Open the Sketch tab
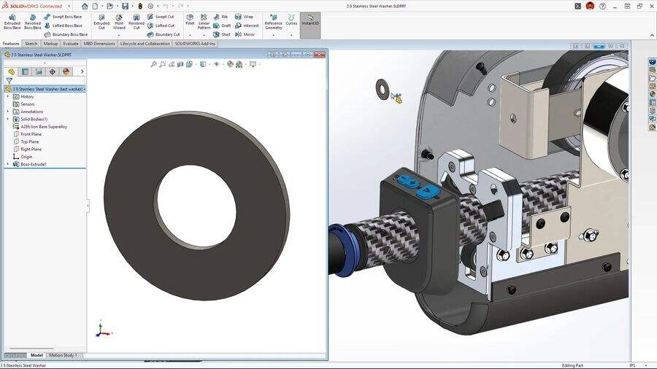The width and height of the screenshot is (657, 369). (x=31, y=44)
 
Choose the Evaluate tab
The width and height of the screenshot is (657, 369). (x=71, y=44)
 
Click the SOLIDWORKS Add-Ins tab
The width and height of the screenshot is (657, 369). (x=195, y=44)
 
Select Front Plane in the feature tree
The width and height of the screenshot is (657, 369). (x=31, y=134)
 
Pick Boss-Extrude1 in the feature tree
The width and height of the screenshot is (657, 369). (x=34, y=164)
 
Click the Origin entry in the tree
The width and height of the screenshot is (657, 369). (x=26, y=157)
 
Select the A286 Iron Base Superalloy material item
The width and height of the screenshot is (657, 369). (x=44, y=126)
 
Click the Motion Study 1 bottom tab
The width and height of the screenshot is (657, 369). (x=63, y=355)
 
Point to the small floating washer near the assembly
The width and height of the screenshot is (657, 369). (x=382, y=88)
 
